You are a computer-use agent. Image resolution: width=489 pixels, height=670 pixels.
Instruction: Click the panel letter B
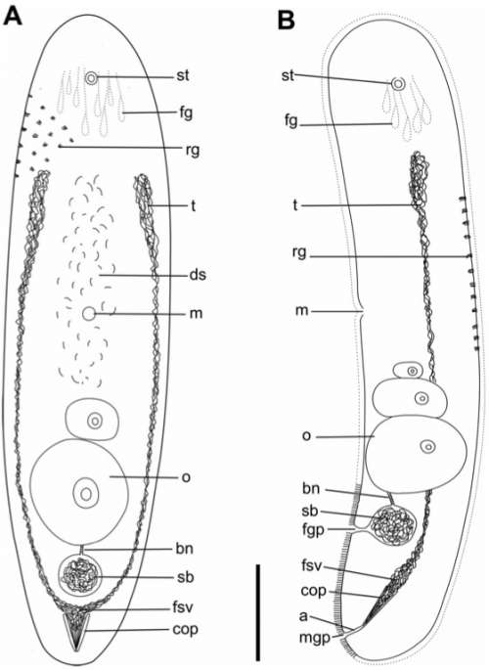pyautogui.click(x=287, y=21)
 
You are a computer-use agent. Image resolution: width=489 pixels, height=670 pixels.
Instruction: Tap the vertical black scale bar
pyautogui.click(x=258, y=612)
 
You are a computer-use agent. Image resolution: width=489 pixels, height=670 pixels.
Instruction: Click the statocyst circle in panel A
pyautogui.click(x=91, y=78)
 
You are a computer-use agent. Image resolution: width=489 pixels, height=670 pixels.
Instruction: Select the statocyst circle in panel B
pyautogui.click(x=398, y=84)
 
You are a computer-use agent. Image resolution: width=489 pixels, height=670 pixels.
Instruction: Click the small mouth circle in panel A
pyautogui.click(x=89, y=314)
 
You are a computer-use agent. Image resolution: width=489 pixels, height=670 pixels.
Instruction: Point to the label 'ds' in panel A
pyautogui.click(x=198, y=275)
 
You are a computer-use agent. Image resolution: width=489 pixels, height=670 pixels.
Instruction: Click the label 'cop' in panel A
pyautogui.click(x=186, y=629)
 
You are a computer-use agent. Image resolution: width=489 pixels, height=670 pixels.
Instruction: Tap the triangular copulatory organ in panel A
pyautogui.click(x=75, y=629)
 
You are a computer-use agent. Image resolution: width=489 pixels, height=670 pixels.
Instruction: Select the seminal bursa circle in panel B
pyautogui.click(x=393, y=525)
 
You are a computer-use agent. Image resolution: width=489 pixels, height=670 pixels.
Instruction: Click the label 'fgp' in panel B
pyautogui.click(x=313, y=530)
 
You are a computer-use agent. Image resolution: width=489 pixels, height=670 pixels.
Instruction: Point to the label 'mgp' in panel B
pyautogui.click(x=314, y=639)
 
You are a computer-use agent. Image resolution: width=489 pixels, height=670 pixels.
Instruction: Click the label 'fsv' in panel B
pyautogui.click(x=312, y=567)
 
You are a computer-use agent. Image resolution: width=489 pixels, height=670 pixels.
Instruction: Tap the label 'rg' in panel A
pyautogui.click(x=193, y=151)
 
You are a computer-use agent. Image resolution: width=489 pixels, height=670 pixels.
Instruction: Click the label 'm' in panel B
pyautogui.click(x=301, y=311)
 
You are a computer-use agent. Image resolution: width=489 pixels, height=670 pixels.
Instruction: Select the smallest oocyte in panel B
pyautogui.click(x=409, y=371)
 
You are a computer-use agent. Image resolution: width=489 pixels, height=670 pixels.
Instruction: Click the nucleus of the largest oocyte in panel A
pyautogui.click(x=86, y=494)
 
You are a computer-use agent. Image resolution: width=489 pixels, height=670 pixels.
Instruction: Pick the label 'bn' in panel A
pyautogui.click(x=185, y=548)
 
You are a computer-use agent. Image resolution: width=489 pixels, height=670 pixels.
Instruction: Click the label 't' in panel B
pyautogui.click(x=295, y=205)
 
